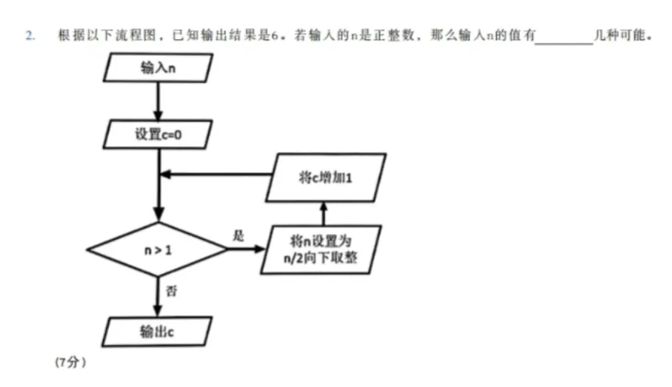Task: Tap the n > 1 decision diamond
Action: click(157, 249)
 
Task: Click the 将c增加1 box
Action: click(325, 177)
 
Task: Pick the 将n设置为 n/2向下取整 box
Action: click(324, 249)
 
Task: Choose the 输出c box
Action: click(157, 331)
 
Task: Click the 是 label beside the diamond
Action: click(237, 235)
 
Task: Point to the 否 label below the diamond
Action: click(171, 291)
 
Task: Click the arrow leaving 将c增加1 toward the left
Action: click(213, 175)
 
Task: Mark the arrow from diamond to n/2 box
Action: click(246, 249)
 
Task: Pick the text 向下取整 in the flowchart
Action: click(340, 258)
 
